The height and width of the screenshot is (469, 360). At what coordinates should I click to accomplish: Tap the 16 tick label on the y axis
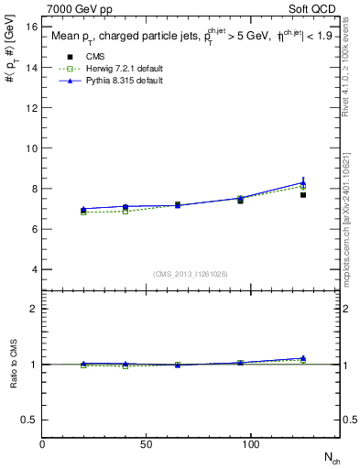pyautogui.click(x=31, y=27)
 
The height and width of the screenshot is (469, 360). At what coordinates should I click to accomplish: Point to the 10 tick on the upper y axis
pyautogui.click(x=31, y=148)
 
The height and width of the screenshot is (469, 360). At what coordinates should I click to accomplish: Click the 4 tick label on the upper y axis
pyautogui.click(x=35, y=269)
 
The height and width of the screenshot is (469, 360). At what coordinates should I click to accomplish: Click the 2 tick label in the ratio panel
pyautogui.click(x=34, y=309)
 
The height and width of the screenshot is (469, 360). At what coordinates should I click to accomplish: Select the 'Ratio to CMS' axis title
pyautogui.click(x=13, y=364)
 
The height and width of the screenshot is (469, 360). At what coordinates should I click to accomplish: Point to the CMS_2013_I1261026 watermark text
pyautogui.click(x=191, y=273)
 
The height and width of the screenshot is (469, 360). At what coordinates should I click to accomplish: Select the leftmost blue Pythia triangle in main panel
pyautogui.click(x=84, y=209)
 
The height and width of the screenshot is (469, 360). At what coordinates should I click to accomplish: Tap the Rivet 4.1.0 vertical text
pyautogui.click(x=352, y=73)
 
